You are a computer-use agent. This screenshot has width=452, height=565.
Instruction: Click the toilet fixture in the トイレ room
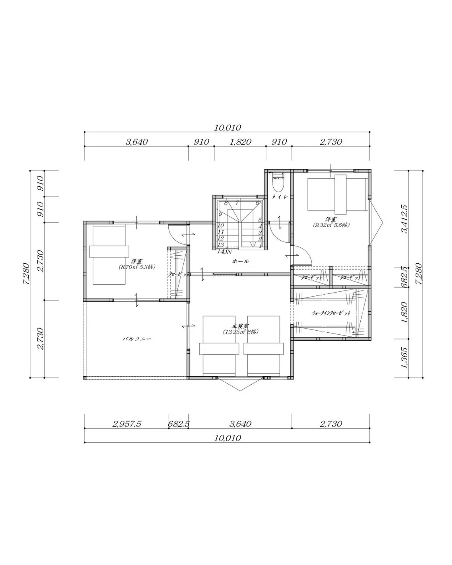point(278,182)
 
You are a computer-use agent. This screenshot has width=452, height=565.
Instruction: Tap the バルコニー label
point(136,339)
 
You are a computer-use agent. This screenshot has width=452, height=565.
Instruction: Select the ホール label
point(240,261)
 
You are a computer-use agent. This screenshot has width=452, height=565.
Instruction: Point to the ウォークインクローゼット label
point(331,313)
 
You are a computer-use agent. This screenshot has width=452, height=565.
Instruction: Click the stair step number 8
point(226,203)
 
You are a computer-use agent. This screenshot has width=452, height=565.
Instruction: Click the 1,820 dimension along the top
point(240,142)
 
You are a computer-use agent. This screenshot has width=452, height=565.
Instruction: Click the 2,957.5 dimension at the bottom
point(126,424)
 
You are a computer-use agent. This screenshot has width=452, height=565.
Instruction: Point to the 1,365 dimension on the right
point(404,358)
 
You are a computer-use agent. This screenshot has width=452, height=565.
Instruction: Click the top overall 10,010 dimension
point(227,128)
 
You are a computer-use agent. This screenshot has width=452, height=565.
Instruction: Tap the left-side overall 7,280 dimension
point(26,274)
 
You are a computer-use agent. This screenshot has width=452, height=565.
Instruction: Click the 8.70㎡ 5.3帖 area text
point(136,267)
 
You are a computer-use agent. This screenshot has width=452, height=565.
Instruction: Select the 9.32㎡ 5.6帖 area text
point(331,225)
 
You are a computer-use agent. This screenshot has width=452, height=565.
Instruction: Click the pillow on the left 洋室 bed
point(108,251)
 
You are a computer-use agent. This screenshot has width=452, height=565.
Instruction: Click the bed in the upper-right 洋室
point(337,194)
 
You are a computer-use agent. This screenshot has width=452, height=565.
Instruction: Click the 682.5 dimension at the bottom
point(178,424)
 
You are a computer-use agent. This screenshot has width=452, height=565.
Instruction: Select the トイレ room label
point(279,197)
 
